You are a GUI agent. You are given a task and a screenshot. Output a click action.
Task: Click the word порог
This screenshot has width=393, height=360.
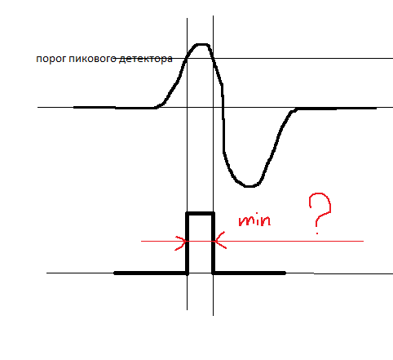[x=51, y=60]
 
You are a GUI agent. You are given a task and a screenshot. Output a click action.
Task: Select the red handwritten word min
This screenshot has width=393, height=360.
[x=254, y=220]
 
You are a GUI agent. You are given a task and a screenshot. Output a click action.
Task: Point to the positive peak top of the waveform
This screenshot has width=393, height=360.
[x=201, y=44]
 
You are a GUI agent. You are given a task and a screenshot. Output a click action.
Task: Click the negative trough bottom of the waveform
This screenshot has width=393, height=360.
[x=249, y=186]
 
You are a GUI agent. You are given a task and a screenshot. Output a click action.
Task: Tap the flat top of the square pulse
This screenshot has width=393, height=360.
[x=200, y=214]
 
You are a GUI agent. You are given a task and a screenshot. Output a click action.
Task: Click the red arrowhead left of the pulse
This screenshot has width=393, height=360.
[x=181, y=242]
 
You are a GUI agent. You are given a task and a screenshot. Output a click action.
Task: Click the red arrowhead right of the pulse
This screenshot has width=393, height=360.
[x=219, y=241]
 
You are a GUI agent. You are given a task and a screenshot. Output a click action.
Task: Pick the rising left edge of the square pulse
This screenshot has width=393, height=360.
[x=187, y=243]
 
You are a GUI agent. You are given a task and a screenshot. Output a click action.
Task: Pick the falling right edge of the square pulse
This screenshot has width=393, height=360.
[x=214, y=243]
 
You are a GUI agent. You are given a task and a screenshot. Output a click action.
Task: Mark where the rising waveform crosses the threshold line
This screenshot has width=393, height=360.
[x=187, y=58]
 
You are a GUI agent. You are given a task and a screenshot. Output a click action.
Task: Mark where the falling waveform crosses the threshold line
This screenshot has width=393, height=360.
[x=213, y=58]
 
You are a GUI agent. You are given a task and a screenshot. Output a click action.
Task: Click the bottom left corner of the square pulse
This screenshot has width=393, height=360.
[x=187, y=273]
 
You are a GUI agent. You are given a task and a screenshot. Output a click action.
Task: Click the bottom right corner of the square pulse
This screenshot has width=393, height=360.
[x=214, y=273]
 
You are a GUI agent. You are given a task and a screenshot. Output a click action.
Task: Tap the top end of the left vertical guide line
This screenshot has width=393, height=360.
[x=187, y=18]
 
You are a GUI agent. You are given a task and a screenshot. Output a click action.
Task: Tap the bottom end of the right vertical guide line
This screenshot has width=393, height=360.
[x=213, y=316]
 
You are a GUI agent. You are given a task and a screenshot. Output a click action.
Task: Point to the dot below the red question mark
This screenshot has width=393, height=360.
[x=317, y=233]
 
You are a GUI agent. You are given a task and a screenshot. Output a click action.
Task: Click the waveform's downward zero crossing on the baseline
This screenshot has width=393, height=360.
[x=223, y=108]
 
